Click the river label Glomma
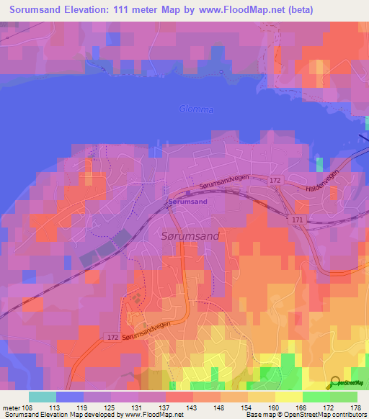pyautogui.click(x=196, y=109)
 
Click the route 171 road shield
pyautogui.click(x=298, y=217)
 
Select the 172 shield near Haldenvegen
pyautogui.click(x=275, y=179)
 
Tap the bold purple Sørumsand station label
pyautogui.click(x=188, y=202)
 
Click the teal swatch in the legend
pyautogui.click(x=42, y=396)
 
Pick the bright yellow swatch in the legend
pyautogui.click(x=288, y=396)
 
